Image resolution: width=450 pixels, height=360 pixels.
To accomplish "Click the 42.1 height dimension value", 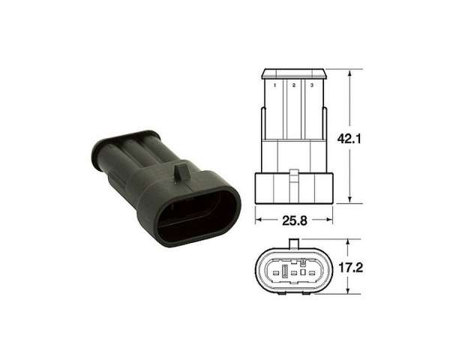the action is coord(349,139).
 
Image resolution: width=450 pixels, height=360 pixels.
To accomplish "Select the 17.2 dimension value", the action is coord(351,268).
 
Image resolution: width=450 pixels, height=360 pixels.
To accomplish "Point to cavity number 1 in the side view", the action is coord(275,85).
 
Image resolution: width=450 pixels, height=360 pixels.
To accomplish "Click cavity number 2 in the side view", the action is coord(293,85).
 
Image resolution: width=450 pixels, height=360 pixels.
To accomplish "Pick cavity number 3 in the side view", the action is coord(312,85).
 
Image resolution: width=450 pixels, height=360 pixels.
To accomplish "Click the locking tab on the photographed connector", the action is coord(181,172).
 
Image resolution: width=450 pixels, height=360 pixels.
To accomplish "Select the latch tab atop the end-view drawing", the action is coord(294,244).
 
